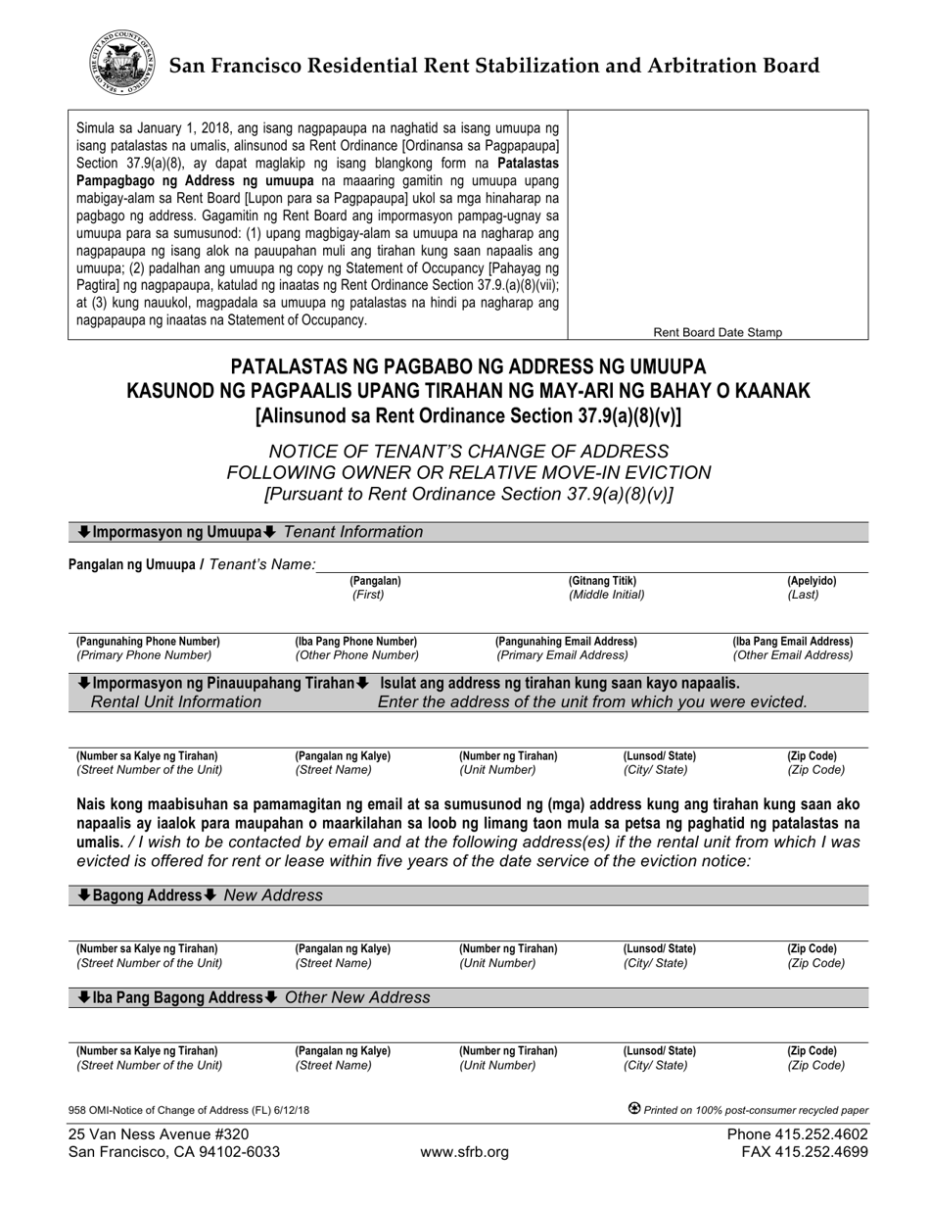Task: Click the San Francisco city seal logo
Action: point(122,63)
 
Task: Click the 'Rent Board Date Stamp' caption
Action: point(718,332)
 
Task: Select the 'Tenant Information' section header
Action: point(251,532)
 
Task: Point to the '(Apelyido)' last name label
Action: point(812,581)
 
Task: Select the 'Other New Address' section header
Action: point(254,997)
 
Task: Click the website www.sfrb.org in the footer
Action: point(465,1152)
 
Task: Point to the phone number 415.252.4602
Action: point(797,1134)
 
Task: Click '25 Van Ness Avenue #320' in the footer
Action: point(159,1134)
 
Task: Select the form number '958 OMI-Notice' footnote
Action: point(189,1110)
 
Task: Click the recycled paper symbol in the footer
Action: point(634,1109)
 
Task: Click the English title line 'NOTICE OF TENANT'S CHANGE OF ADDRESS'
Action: point(469,452)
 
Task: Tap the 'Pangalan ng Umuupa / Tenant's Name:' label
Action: point(192,564)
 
